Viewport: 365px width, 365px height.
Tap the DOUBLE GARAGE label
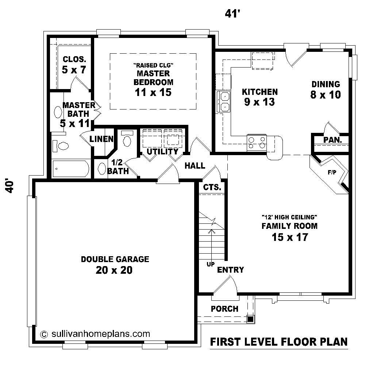[115, 259]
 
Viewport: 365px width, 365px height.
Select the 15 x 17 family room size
[289, 237]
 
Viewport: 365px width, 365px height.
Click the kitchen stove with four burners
[257, 142]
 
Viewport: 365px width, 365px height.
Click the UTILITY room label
[162, 151]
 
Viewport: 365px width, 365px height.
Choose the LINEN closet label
[101, 139]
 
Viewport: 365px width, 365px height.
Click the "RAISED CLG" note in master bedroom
[153, 65]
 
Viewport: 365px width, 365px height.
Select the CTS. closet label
[212, 188]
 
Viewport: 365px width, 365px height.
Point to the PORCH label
[224, 309]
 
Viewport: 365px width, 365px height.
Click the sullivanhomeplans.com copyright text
[96, 333]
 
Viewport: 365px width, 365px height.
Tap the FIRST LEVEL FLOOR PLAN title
[279, 342]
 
